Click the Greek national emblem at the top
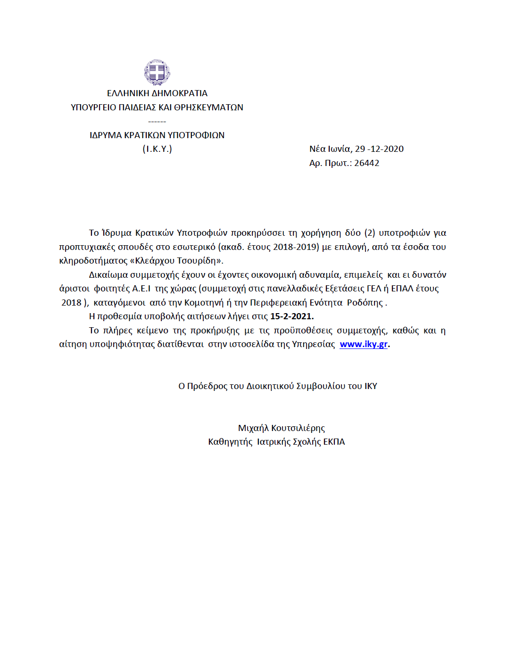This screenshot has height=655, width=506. click(x=157, y=72)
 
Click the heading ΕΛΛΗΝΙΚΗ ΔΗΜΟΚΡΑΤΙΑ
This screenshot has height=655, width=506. click(x=157, y=93)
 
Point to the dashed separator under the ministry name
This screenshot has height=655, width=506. click(x=157, y=122)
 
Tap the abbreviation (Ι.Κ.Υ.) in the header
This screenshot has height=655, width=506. click(x=157, y=149)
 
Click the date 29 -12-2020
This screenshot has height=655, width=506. click(x=379, y=149)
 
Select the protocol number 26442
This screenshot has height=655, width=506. click(x=366, y=163)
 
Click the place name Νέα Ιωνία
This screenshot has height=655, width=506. click(x=330, y=149)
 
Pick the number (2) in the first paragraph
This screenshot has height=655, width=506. click(x=370, y=233)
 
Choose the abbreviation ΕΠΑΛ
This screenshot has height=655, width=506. click(x=402, y=289)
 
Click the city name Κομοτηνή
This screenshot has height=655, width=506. click(x=204, y=303)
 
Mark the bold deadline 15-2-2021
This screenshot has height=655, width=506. click(x=291, y=316)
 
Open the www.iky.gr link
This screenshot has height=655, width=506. click(x=364, y=344)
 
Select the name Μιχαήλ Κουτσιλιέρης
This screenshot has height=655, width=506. click(x=282, y=428)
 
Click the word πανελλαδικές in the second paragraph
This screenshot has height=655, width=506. click(x=295, y=289)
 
